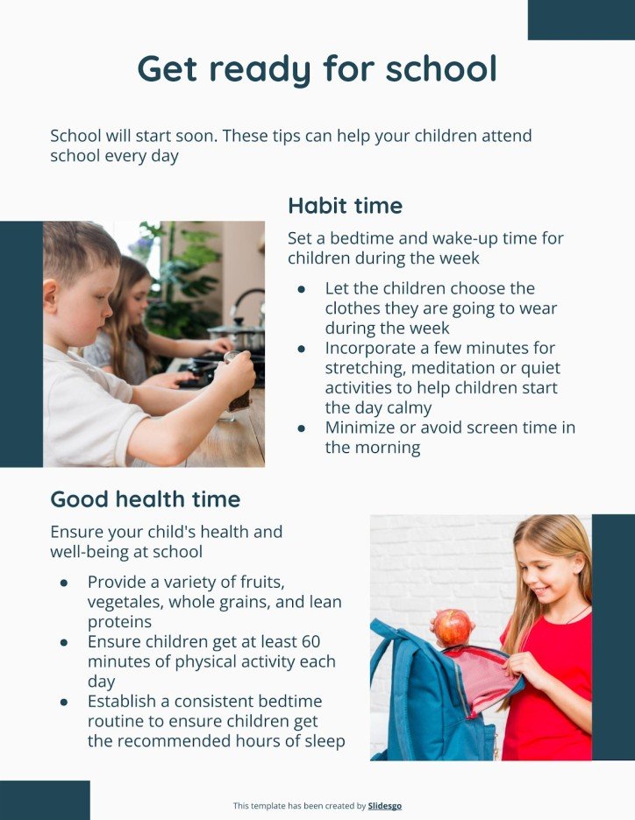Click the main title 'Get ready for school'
317,69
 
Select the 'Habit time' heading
345,206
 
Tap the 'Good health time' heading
145,499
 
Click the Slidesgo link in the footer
385,806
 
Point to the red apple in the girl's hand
453,626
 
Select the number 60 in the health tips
310,642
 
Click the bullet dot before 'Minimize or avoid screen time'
302,428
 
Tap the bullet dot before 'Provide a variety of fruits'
64,583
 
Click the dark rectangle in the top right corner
581,19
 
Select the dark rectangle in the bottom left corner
45,800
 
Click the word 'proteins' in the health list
119,622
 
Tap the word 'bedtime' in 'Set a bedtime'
364,238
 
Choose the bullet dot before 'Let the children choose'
302,289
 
